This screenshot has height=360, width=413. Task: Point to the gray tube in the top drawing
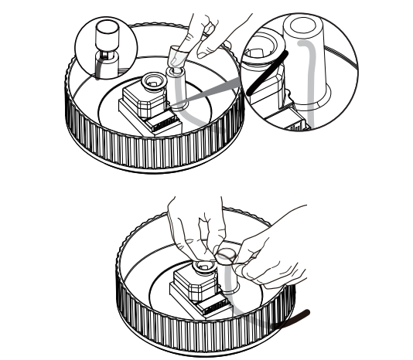click(x=179, y=97)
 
